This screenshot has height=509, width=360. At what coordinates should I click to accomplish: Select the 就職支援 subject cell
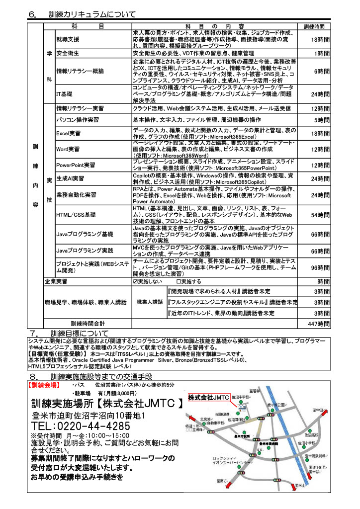(x=68, y=39)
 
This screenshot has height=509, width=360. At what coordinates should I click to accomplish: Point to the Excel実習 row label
(x=68, y=134)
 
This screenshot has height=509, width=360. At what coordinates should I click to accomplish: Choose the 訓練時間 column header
(x=314, y=26)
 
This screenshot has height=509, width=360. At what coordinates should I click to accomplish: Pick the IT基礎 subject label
(x=64, y=94)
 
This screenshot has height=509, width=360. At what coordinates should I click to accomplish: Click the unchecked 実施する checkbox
(x=179, y=281)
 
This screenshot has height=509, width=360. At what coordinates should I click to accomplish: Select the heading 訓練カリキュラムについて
(x=92, y=15)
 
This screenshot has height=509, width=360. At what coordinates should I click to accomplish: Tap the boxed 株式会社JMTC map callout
(x=208, y=397)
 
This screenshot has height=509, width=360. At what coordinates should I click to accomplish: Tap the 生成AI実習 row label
(x=70, y=178)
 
